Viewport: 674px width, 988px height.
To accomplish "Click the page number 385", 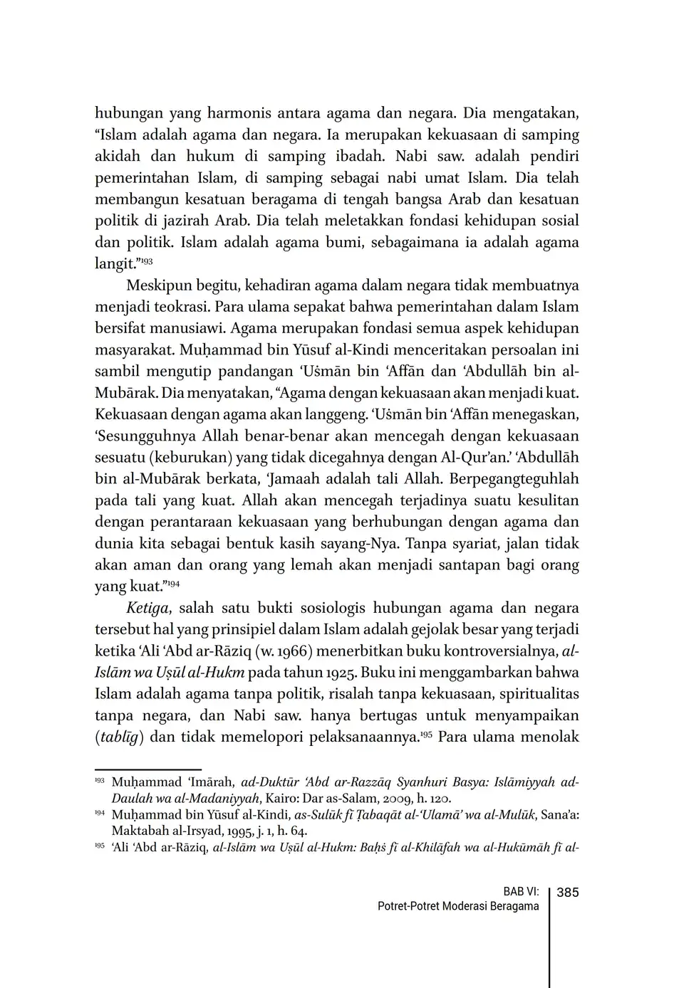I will pos(567,892).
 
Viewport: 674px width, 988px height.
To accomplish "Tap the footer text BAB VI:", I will pos(521,892).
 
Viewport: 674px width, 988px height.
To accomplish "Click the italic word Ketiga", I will pos(148,608).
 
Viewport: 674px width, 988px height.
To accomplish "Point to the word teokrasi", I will pos(174,307).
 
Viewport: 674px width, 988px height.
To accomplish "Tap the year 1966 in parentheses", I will pos(294,651).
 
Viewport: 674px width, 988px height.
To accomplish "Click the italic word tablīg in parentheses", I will pos(120,737).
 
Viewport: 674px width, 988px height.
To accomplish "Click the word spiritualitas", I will pos(535,693).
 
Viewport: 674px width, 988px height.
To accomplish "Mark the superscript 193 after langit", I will pos(146,261).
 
